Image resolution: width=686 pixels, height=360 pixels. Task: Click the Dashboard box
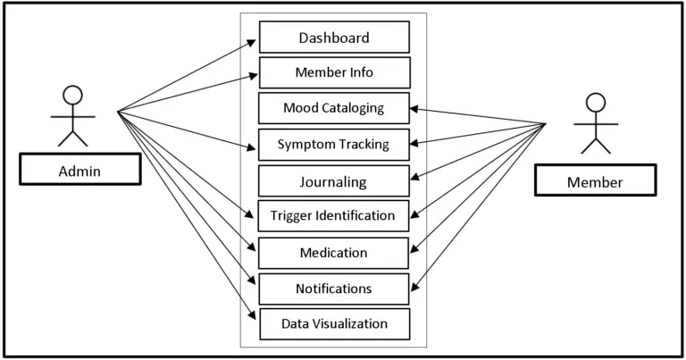tap(334, 38)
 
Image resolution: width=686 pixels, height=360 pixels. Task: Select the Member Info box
tap(334, 72)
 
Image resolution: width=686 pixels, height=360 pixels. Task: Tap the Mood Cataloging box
tap(334, 108)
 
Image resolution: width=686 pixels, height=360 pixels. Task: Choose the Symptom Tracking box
tap(334, 144)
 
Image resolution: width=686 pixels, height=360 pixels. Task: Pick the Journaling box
tap(334, 180)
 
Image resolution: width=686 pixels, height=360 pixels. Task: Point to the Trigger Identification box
tap(334, 215)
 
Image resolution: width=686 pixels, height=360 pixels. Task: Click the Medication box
tap(334, 253)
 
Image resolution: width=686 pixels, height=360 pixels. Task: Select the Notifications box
tap(334, 289)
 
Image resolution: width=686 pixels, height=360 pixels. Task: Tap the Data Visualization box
tap(334, 323)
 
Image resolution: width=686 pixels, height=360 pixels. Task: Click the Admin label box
tap(79, 169)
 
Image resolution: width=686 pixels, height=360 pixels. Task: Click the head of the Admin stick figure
tap(72, 96)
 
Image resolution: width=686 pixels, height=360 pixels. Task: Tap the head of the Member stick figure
tap(595, 103)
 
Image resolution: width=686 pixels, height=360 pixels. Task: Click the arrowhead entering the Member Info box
tap(254, 75)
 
